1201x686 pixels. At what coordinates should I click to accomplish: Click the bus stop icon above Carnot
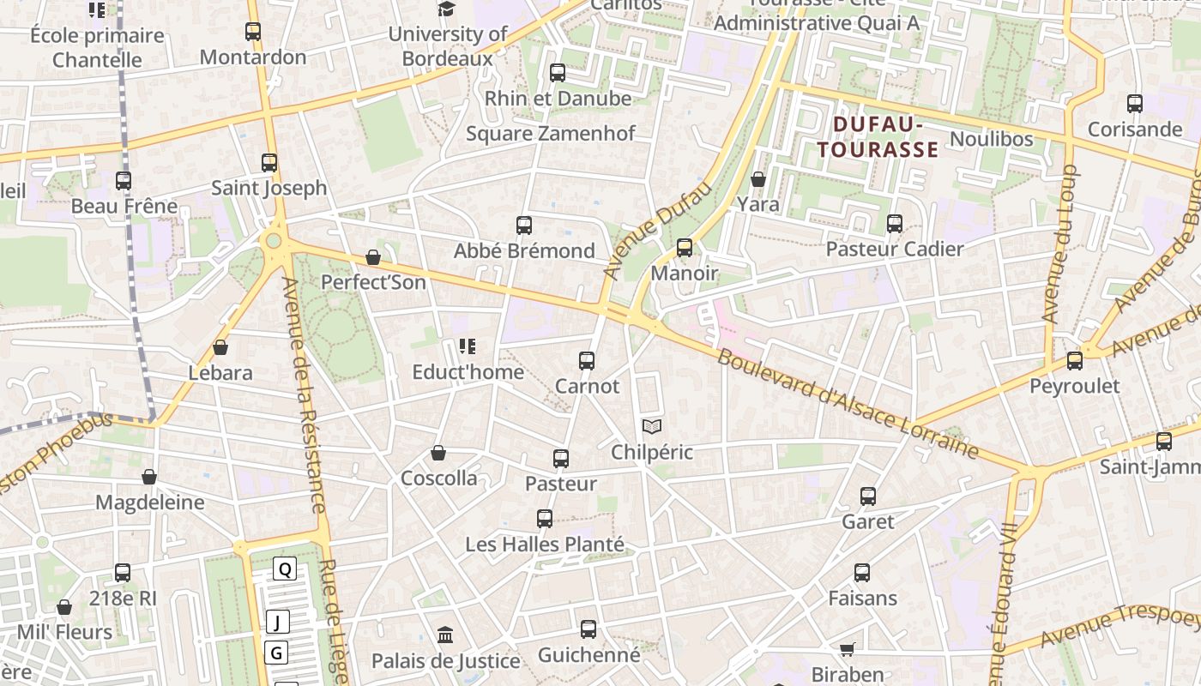tap(587, 361)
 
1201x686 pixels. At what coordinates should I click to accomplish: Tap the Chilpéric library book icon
tap(652, 426)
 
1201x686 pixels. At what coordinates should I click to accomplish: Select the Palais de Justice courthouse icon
tap(445, 635)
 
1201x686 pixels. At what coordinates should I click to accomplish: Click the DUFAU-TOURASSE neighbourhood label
tap(878, 137)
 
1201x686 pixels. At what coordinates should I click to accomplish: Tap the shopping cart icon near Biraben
tap(848, 649)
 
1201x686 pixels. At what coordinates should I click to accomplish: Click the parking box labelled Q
tap(285, 569)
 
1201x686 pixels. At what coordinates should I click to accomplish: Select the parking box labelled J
tap(277, 622)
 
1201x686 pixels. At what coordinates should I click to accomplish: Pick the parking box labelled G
tap(276, 653)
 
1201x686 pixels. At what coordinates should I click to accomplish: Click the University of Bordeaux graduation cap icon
tap(446, 9)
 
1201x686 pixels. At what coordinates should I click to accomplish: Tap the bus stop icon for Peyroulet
tap(1075, 361)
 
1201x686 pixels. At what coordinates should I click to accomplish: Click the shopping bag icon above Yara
tap(758, 179)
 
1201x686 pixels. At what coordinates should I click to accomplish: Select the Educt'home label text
tap(468, 372)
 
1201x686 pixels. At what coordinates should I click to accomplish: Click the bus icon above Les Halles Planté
tap(545, 519)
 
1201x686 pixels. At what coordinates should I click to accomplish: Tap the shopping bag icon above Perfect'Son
tap(373, 257)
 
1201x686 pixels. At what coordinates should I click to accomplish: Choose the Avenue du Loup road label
tap(1060, 244)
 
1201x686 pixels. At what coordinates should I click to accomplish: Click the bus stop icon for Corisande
tap(1135, 104)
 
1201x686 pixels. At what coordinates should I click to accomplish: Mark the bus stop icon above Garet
tap(868, 496)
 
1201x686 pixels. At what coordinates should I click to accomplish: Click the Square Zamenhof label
tap(550, 134)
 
